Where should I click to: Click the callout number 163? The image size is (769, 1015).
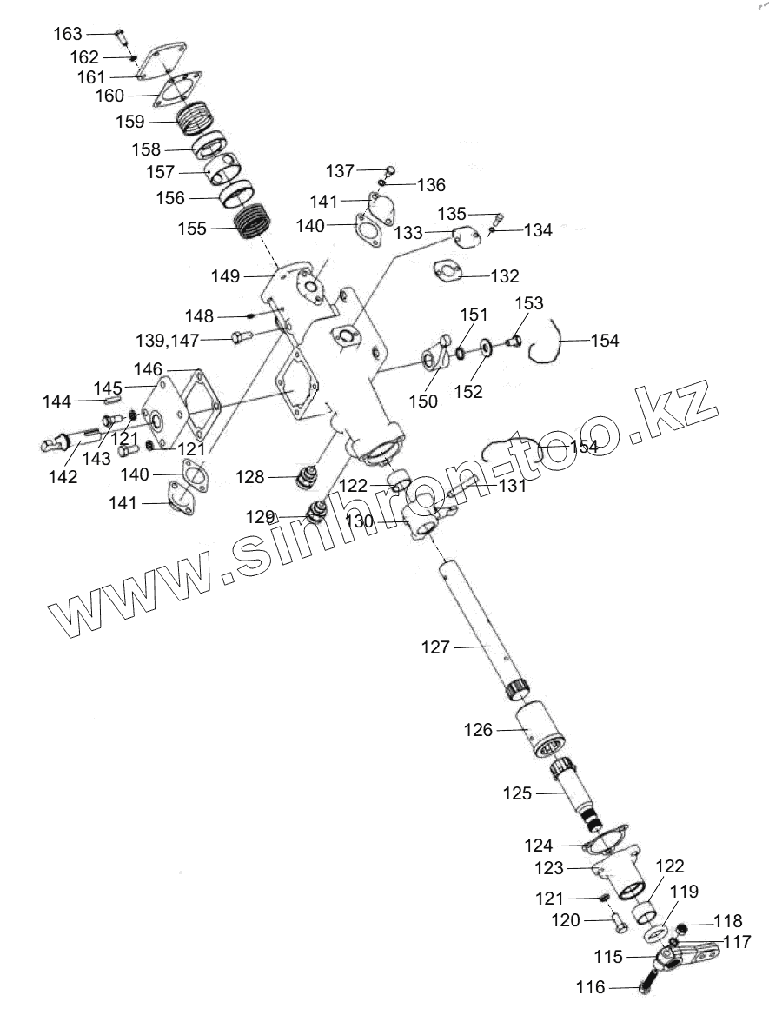68,34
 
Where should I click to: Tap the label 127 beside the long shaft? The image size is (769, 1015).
436,647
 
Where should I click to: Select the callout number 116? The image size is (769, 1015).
590,987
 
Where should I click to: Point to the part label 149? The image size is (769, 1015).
226,275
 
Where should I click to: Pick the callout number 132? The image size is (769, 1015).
505,276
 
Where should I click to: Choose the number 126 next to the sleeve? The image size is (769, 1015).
478,730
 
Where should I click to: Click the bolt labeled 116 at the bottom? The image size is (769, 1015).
648,986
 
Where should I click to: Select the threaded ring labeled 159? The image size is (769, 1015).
202,118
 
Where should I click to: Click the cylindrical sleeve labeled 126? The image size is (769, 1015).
541,731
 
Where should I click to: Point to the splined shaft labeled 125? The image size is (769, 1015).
577,793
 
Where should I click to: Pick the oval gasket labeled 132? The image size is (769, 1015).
447,271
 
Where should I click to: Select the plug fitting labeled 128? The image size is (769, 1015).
308,476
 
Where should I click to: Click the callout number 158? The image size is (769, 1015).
145,149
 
